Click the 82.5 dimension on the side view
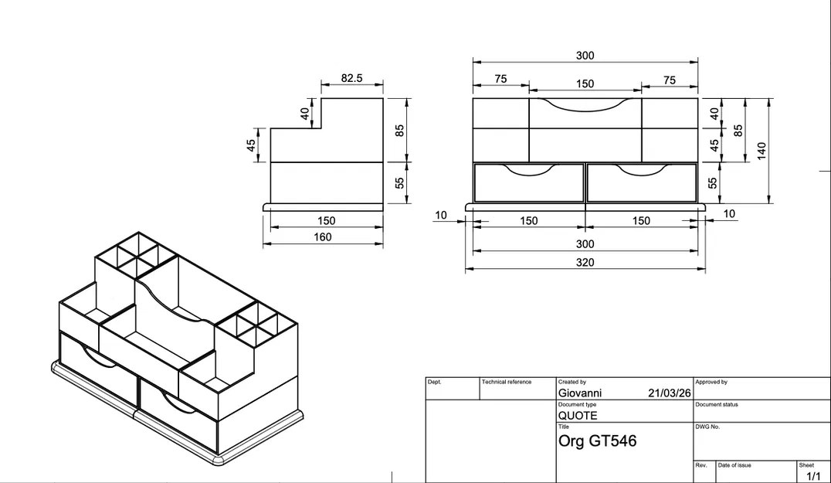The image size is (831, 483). click(x=351, y=78)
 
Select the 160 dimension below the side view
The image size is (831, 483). click(x=323, y=237)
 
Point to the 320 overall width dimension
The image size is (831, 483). click(x=585, y=262)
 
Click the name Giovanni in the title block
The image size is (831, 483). click(x=579, y=393)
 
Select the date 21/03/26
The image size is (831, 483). click(x=669, y=393)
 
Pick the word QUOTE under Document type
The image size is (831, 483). click(x=578, y=415)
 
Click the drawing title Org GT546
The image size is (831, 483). click(x=597, y=441)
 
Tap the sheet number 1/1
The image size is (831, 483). click(x=813, y=476)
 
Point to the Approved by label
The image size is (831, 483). click(x=711, y=382)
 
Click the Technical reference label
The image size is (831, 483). click(x=507, y=382)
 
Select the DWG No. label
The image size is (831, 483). click(x=707, y=427)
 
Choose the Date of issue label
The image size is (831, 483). click(x=734, y=465)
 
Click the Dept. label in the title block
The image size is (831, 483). click(x=435, y=382)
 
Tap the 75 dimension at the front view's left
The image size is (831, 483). click(x=500, y=79)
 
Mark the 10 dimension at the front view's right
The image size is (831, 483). click(x=729, y=214)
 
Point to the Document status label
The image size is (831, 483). click(x=717, y=404)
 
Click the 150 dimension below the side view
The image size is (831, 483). click(x=326, y=221)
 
